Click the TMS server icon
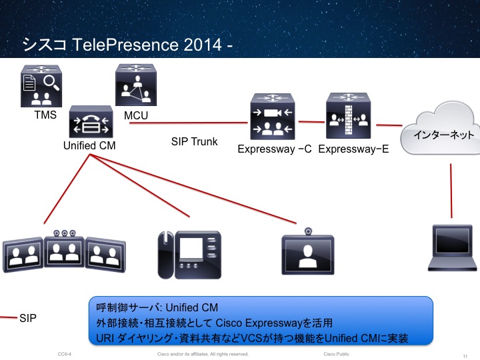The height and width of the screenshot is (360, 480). (x=41, y=87)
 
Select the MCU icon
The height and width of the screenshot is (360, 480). (x=136, y=85)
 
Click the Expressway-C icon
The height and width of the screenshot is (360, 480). (x=272, y=117)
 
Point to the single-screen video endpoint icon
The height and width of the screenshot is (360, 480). (x=307, y=254)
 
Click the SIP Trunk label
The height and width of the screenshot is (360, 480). (x=195, y=141)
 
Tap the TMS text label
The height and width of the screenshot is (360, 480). (x=45, y=115)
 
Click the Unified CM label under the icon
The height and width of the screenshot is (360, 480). (x=89, y=145)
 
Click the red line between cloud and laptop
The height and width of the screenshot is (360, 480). (x=452, y=190)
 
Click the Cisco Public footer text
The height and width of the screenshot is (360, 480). (x=337, y=354)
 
